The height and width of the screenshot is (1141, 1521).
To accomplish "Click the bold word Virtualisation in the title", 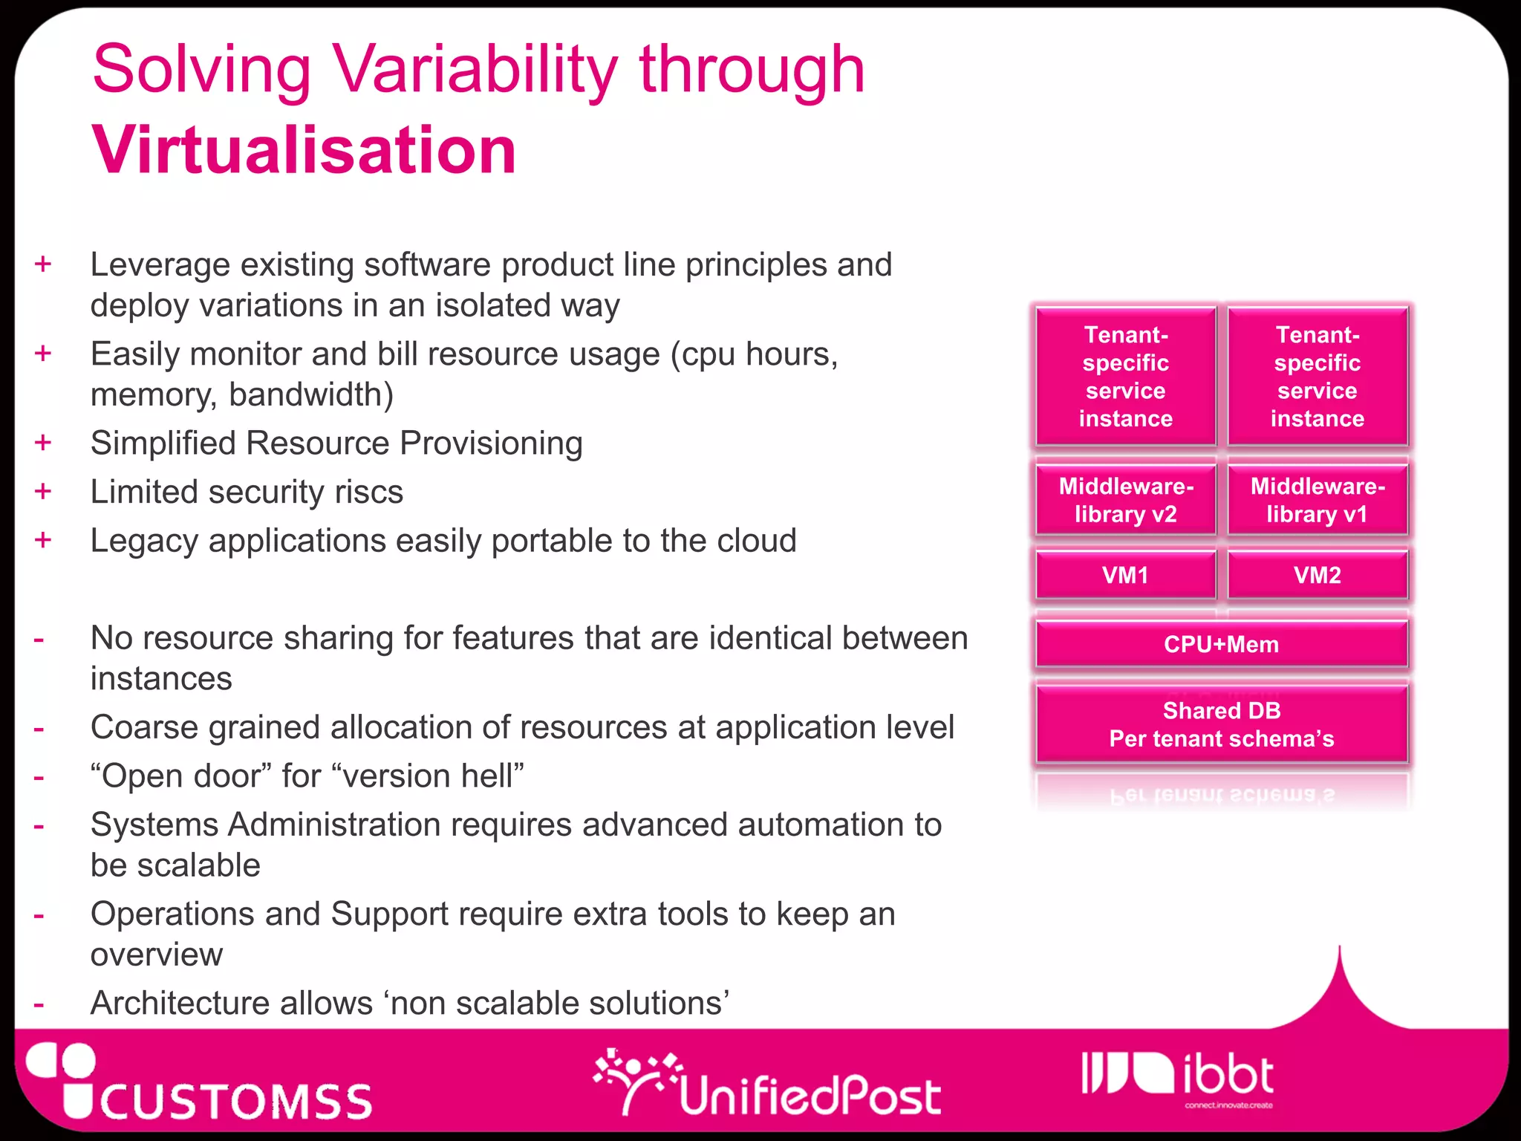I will tap(304, 150).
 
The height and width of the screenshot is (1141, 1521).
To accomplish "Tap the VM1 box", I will tap(1125, 575).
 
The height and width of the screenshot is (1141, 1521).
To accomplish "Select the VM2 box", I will tap(1317, 575).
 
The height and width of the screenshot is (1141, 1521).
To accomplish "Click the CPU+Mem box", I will tap(1221, 644).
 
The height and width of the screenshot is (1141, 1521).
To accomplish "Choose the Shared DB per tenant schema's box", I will tap(1221, 724).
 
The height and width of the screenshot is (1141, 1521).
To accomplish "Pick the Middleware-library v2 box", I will tap(1125, 500).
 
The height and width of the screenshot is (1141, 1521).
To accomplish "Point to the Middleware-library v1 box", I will tap(1317, 500).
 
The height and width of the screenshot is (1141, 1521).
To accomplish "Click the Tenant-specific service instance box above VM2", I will tap(1317, 377).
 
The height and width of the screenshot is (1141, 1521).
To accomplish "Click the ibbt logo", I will tap(1178, 1077).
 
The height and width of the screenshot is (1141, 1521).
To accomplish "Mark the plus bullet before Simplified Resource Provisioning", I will tap(43, 443).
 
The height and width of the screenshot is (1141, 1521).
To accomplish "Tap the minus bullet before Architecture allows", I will tap(39, 1004).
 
